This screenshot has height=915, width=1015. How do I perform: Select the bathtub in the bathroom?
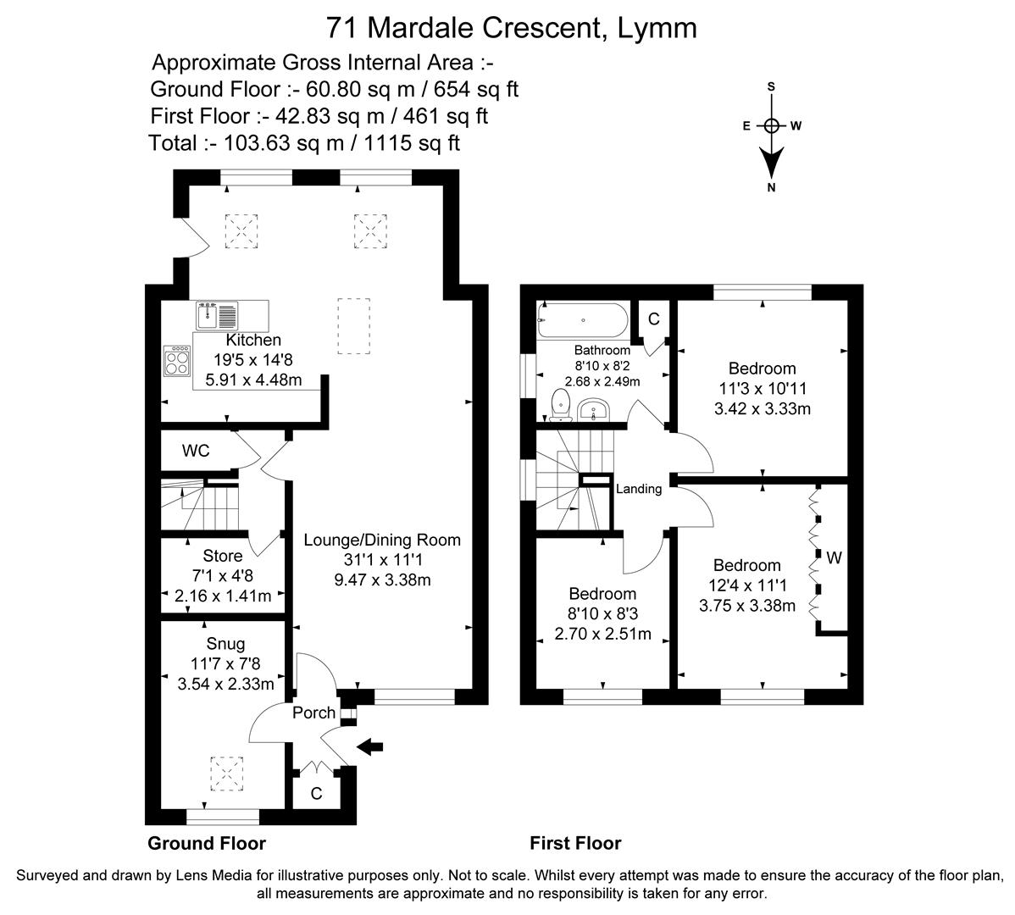click(x=582, y=320)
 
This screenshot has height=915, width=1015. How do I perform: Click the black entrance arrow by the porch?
click(x=370, y=746)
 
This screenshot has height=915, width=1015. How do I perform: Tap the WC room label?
click(x=196, y=451)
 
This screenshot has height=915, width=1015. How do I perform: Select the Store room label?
click(x=223, y=556)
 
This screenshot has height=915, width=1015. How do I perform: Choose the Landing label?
click(x=638, y=489)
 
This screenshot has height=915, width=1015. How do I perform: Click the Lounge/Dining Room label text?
click(x=382, y=540)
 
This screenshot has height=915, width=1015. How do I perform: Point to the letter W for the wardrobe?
click(x=834, y=558)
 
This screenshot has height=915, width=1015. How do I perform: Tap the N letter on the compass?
click(x=771, y=188)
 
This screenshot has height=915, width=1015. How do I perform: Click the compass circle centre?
click(x=771, y=126)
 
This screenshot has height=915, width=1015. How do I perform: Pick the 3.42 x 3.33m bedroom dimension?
click(x=762, y=409)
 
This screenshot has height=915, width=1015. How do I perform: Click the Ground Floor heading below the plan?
click(x=207, y=843)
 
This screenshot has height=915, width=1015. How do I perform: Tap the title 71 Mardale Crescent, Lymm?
click(x=512, y=28)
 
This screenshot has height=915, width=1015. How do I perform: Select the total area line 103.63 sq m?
click(x=304, y=142)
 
